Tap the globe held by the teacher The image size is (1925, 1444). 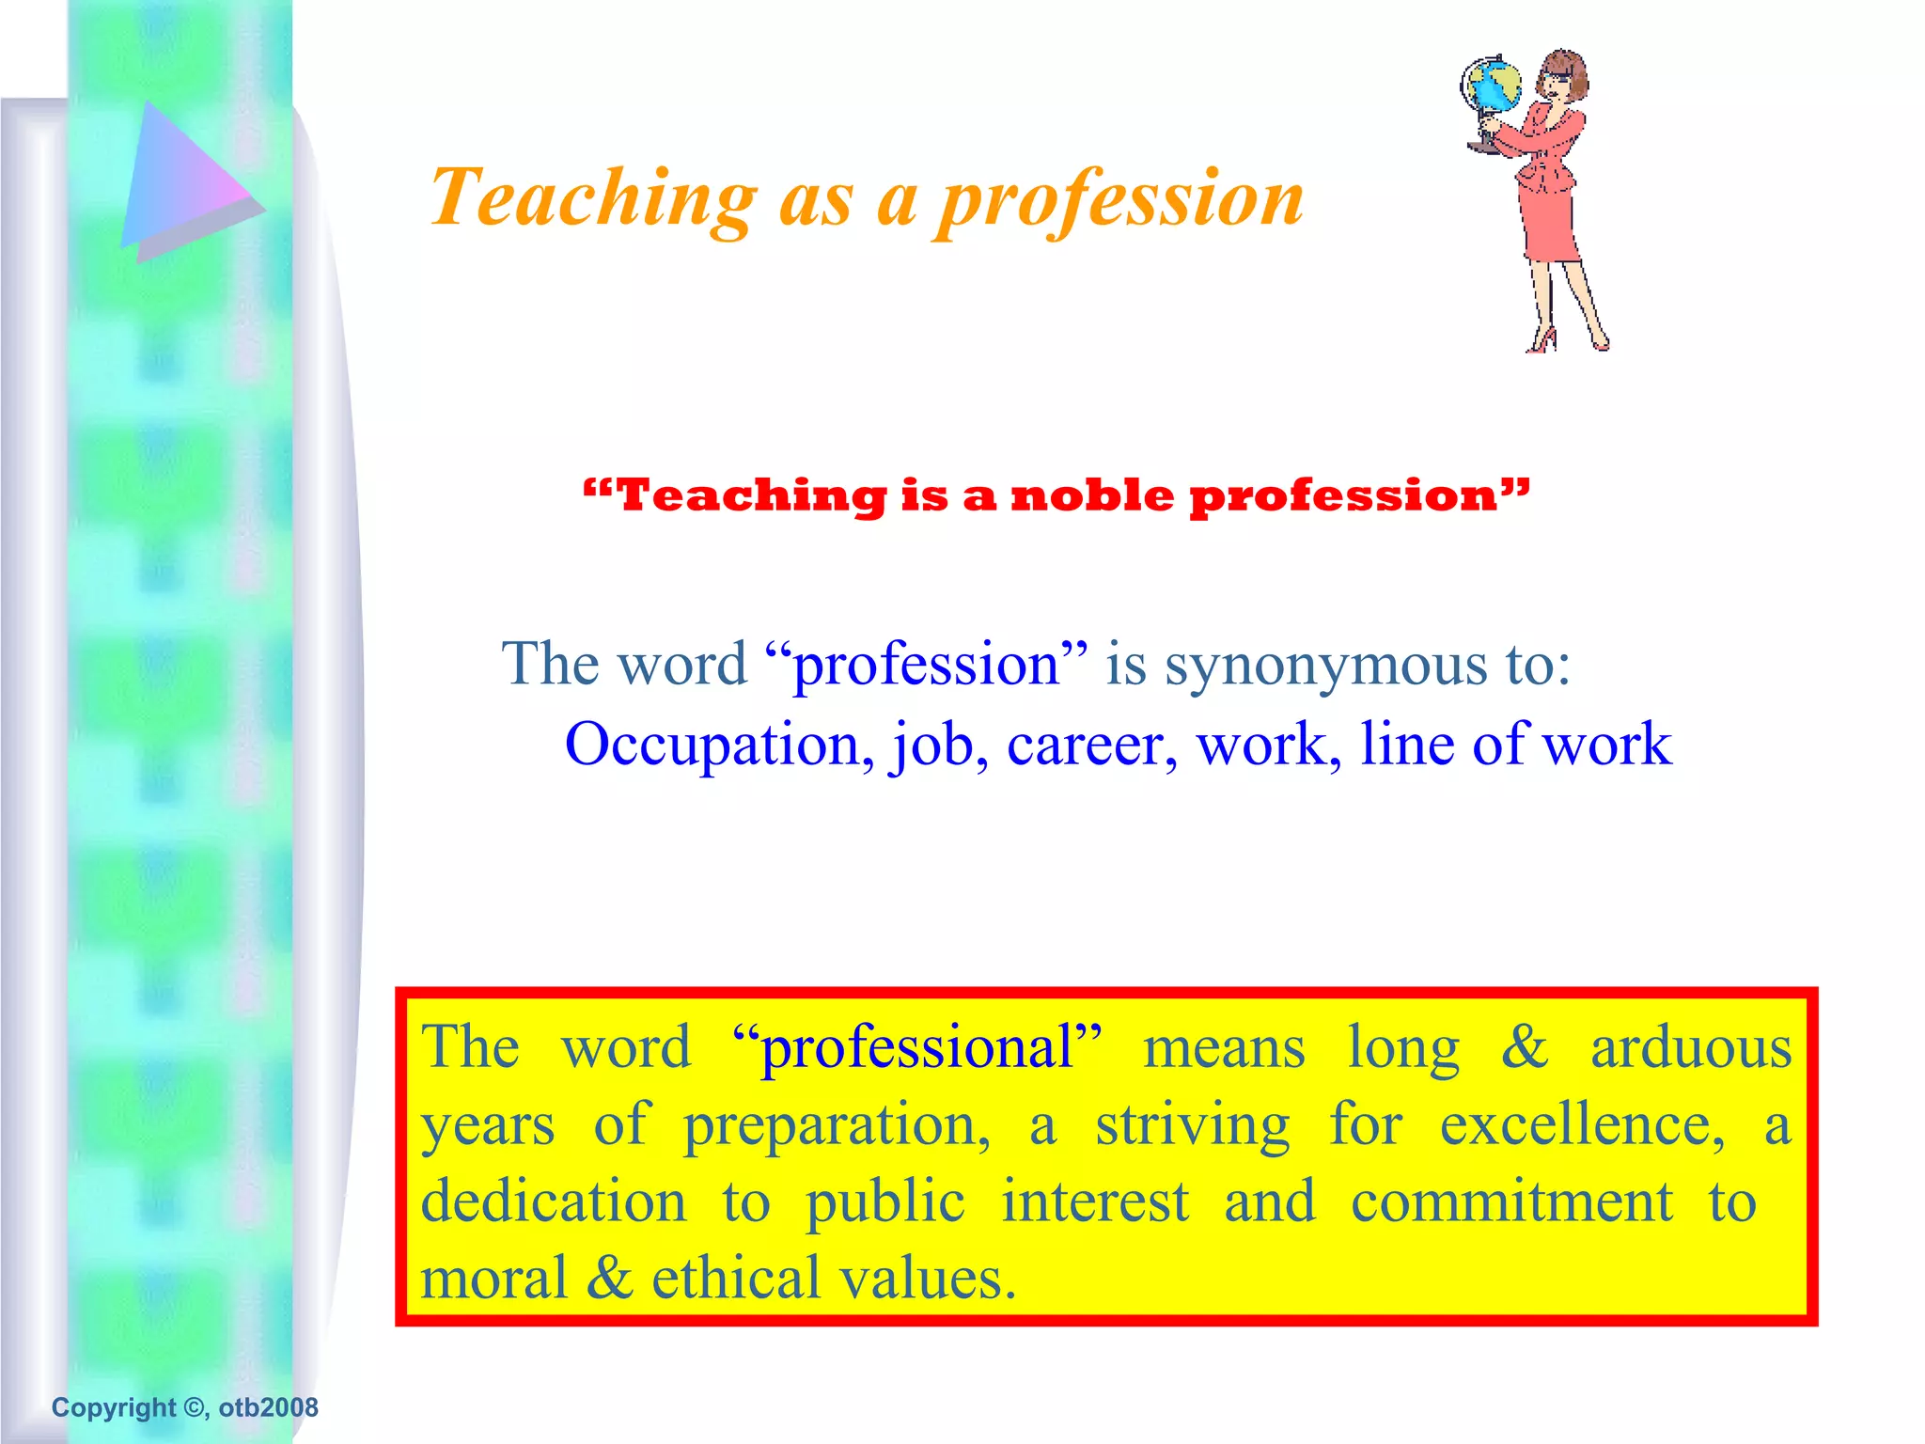click(1492, 86)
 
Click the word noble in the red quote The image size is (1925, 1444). click(1092, 495)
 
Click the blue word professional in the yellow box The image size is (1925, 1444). click(916, 1047)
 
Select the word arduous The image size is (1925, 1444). click(1691, 1047)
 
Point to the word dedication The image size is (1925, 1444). click(554, 1201)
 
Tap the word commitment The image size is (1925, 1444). click(1511, 1201)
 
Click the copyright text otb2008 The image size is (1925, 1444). click(269, 1407)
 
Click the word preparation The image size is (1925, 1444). click(836, 1125)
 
